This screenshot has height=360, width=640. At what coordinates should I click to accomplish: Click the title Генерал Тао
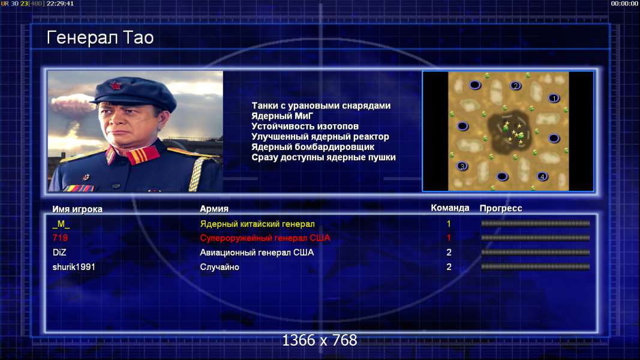point(100,38)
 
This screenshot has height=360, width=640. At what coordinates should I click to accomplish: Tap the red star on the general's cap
point(115,86)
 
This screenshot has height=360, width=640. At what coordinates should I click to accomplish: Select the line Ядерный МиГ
point(282,116)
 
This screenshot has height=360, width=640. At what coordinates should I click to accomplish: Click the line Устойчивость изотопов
point(305,126)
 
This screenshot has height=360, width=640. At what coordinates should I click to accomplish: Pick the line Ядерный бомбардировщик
point(313,147)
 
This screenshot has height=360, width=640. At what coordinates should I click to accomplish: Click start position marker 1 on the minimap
point(554,98)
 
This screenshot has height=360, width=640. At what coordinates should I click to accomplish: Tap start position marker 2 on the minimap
point(516,86)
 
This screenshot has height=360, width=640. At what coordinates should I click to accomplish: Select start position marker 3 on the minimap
point(462,166)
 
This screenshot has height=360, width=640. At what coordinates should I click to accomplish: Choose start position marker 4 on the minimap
point(542,177)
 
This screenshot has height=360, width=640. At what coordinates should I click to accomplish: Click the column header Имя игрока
point(77,209)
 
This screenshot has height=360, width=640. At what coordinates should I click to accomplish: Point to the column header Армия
point(214,209)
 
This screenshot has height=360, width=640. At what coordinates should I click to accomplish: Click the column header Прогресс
point(501,209)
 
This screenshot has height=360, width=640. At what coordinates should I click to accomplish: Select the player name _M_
point(61,224)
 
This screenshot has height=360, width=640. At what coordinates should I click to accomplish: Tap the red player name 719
point(60,238)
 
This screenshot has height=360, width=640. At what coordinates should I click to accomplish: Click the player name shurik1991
point(73,267)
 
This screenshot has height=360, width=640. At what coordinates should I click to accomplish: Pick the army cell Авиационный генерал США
point(257,253)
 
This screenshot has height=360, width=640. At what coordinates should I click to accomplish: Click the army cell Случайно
point(219,268)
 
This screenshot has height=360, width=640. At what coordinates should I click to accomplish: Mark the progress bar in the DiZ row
point(535,253)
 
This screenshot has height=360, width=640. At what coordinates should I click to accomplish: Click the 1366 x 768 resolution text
point(320,340)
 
